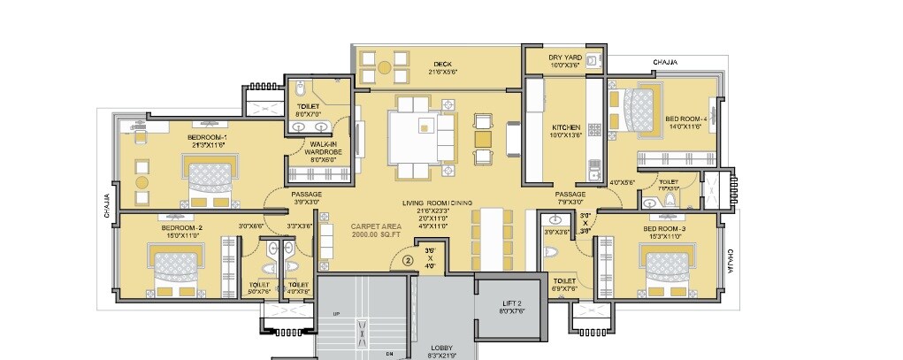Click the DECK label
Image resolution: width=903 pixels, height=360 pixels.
click(443, 64)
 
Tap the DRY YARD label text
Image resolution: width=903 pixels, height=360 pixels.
click(562, 57)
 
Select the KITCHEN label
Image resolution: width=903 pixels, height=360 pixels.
click(565, 127)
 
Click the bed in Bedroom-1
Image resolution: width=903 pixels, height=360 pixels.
click(212, 176)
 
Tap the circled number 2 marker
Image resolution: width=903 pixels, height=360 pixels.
click(408, 260)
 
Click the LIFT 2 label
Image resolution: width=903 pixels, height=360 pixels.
click(512, 305)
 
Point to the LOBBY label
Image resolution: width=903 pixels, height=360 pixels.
click(442, 348)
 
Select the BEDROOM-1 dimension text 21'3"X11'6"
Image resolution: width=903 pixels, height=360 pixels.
click(208, 145)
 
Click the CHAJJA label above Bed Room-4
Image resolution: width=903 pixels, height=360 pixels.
click(665, 62)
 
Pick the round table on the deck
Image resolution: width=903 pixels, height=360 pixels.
click(385, 67)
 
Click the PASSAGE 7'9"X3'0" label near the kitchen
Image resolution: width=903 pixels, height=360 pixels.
click(570, 198)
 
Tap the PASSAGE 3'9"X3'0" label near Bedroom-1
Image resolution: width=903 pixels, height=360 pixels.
click(306, 198)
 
